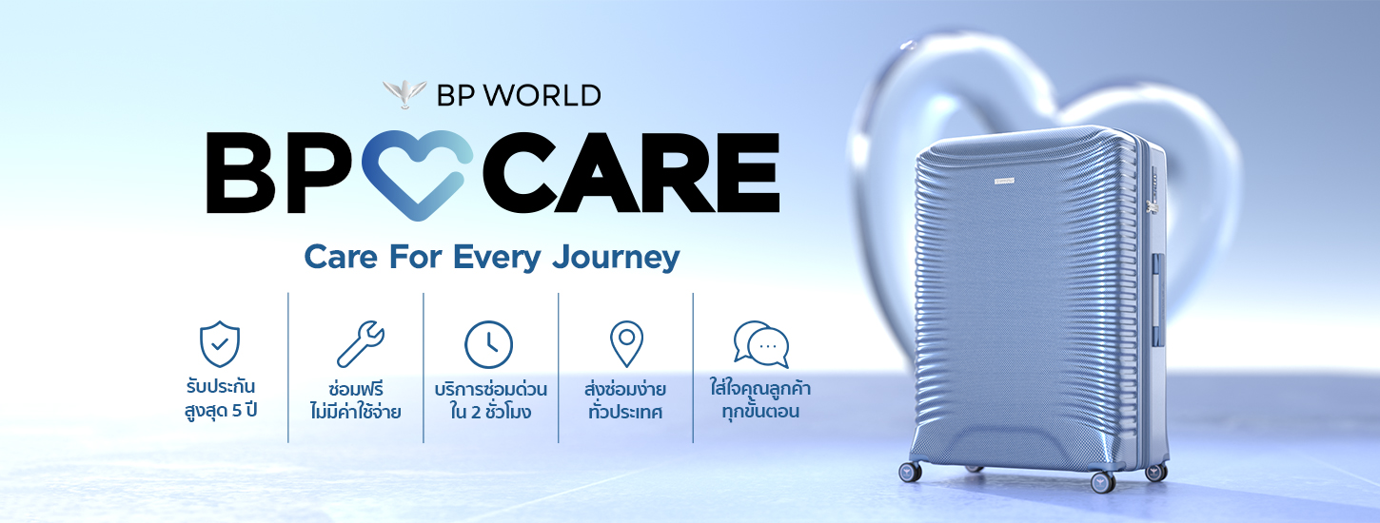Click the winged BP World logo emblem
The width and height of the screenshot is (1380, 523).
[404, 94]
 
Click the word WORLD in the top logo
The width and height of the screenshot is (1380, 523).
[542, 95]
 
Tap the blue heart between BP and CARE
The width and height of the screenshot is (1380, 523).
[417, 175]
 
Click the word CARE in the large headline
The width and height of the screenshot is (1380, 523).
[631, 173]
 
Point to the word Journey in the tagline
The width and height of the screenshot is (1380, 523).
[616, 258]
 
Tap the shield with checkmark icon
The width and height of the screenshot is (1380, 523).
[220, 343]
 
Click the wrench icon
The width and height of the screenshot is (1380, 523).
[361, 344]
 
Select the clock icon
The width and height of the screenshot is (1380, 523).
[488, 344]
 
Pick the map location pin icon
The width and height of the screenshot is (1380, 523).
[626, 344]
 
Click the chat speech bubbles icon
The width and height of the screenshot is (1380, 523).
[761, 344]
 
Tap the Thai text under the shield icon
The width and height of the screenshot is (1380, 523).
[221, 398]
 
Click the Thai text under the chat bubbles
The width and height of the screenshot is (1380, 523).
[760, 399]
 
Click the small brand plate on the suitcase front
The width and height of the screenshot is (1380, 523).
[1005, 181]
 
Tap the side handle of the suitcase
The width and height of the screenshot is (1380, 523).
[1158, 287]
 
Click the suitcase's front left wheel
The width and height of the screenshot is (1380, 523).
[909, 472]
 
